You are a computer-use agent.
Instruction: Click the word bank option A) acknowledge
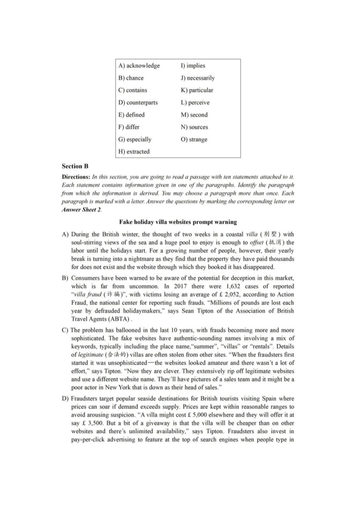click(x=139, y=66)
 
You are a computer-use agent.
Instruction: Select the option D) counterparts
click(x=138, y=103)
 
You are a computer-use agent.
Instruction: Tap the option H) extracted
click(x=134, y=152)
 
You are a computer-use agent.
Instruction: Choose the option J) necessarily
click(x=198, y=78)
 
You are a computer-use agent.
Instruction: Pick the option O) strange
click(x=194, y=139)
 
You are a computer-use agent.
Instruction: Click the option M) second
click(x=194, y=115)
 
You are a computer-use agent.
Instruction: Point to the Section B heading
click(x=75, y=166)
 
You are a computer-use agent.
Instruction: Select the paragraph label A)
click(x=65, y=234)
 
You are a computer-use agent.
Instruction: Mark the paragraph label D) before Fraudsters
click(x=65, y=398)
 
